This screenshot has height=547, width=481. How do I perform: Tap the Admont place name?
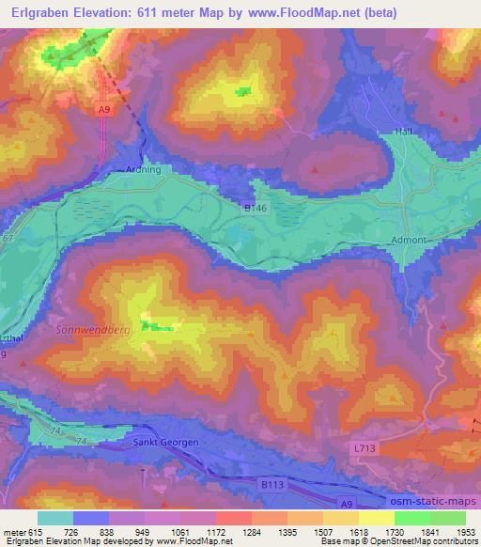tap(407, 241)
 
